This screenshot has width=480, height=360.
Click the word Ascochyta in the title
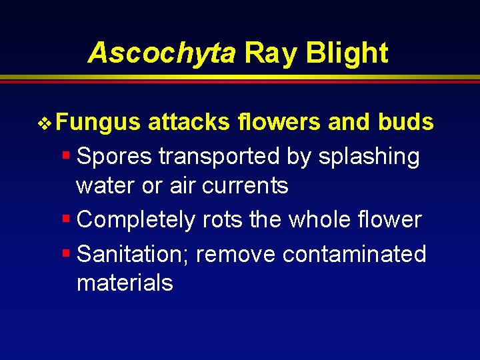click(x=161, y=53)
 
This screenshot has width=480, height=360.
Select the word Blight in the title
click(x=347, y=53)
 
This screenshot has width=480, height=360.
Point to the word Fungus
click(x=98, y=123)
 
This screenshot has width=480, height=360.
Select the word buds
click(x=406, y=123)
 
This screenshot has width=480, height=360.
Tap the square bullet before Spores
click(x=66, y=156)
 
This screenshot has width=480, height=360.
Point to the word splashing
click(x=369, y=157)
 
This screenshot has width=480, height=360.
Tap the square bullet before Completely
click(x=66, y=219)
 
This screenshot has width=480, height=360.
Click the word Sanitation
click(x=133, y=254)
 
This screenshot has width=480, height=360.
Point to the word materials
click(x=125, y=283)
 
